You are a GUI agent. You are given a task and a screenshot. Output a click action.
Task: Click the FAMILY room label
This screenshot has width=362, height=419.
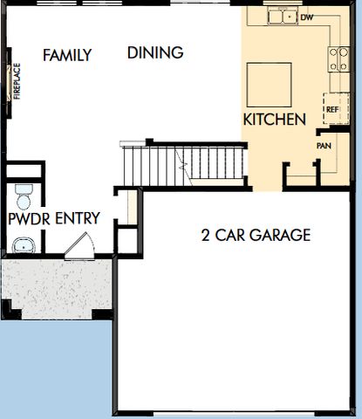point(67,56)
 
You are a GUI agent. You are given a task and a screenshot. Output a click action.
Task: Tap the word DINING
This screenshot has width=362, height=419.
point(155,52)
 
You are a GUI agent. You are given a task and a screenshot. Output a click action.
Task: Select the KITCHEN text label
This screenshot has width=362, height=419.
point(274,119)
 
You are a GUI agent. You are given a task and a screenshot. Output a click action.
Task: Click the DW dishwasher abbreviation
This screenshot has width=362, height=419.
point(306,17)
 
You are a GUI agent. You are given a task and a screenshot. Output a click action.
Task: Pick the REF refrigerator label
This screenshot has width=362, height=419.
point(331,111)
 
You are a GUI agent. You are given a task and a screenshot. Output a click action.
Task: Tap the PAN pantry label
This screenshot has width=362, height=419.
point(324,146)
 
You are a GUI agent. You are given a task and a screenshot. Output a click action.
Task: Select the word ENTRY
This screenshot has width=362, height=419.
point(78,218)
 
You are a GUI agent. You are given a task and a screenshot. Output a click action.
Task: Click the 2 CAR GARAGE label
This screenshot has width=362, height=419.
point(256,235)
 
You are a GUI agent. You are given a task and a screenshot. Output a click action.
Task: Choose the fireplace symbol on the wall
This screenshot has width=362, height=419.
point(10,81)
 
